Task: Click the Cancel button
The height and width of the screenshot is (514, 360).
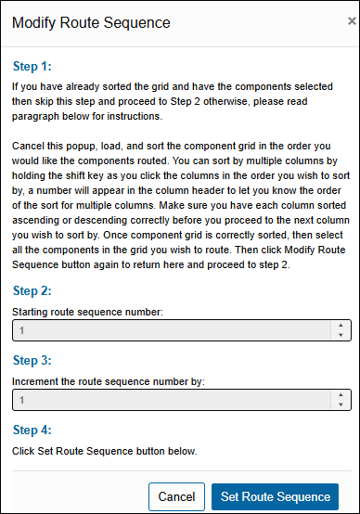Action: point(176,496)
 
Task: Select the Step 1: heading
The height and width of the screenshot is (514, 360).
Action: point(32,67)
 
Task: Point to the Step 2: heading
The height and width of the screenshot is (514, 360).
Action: point(32,290)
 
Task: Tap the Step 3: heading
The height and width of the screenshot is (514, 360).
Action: point(32,360)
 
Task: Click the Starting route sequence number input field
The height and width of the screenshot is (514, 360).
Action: point(172,330)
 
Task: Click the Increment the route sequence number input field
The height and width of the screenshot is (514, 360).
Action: point(172,399)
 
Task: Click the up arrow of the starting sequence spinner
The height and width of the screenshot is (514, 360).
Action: point(341,326)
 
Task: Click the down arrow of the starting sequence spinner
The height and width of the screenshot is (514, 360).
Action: point(341,336)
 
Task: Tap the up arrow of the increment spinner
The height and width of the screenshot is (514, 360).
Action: point(341,394)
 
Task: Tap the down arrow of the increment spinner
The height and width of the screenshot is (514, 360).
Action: point(341,405)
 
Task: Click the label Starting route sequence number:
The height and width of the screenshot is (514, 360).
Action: point(88,312)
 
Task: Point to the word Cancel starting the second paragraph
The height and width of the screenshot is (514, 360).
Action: point(30,148)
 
